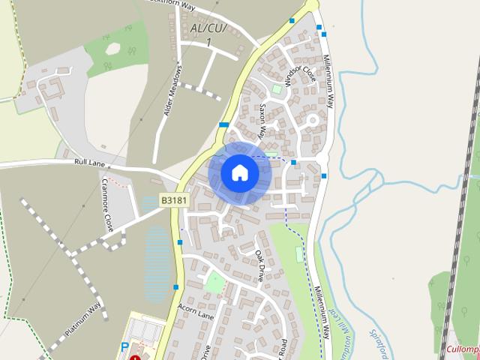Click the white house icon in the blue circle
(239, 172)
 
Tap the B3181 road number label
(173, 200)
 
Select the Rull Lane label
(91, 161)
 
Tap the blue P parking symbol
(125, 346)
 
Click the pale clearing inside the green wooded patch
(112, 49)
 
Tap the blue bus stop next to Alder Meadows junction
(223, 124)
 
